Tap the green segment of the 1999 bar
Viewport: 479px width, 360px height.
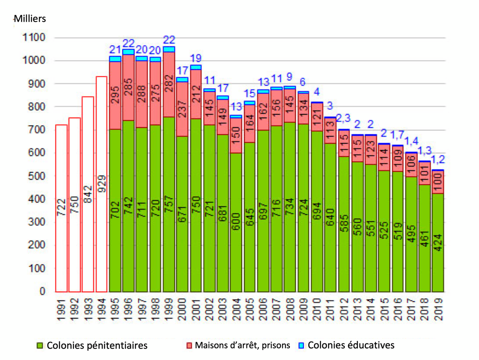[169, 204]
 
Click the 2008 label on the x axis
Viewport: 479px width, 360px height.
[290, 308]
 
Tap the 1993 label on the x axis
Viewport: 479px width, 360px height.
[88, 308]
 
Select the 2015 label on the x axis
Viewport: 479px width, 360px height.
[384, 308]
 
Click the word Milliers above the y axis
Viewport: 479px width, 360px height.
[30, 18]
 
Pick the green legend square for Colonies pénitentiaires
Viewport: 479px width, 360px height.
[40, 345]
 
